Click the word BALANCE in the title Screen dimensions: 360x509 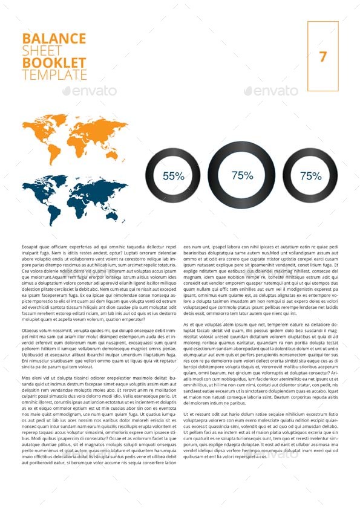[54, 39]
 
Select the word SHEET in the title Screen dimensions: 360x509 [42, 51]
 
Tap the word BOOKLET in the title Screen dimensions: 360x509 [54, 63]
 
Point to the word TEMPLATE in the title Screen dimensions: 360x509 [54, 75]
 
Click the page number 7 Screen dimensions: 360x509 [322, 57]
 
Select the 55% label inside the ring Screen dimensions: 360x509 [173, 176]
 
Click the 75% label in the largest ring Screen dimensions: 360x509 [242, 175]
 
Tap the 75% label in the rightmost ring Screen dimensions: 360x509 [310, 176]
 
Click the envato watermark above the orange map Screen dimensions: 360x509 [90, 91]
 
